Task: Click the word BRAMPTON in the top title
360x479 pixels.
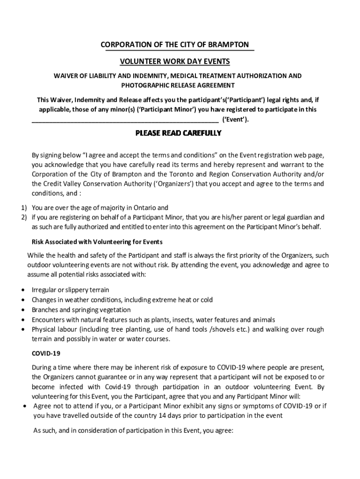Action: pyautogui.click(x=231, y=45)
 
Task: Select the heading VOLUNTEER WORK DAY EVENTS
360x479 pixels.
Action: pyautogui.click(x=175, y=62)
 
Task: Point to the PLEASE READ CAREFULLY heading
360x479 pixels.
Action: pyautogui.click(x=178, y=133)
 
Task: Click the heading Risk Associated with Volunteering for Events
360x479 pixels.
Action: pyautogui.click(x=97, y=242)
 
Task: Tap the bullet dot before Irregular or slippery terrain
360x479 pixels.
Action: pyautogui.click(x=23, y=290)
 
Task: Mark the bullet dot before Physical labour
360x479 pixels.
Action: pyautogui.click(x=23, y=329)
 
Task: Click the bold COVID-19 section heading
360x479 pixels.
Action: pyautogui.click(x=46, y=353)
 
